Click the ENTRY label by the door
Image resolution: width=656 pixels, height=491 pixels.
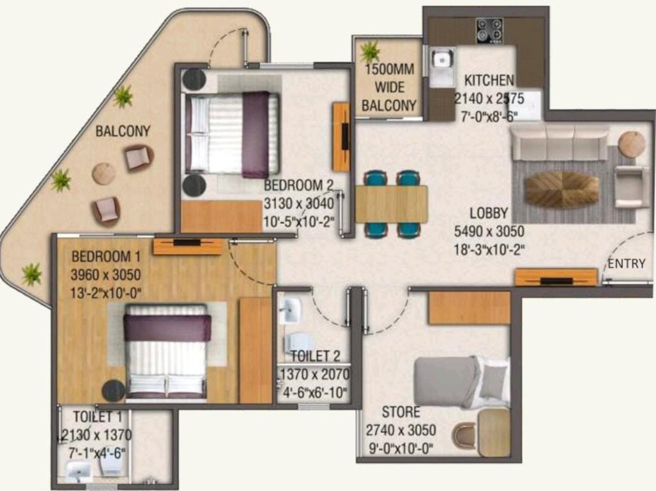(x=626, y=264)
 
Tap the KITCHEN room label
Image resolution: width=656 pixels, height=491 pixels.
(x=489, y=81)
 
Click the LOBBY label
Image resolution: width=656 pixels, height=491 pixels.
(x=489, y=214)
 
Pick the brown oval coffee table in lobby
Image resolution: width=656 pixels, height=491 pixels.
(x=561, y=189)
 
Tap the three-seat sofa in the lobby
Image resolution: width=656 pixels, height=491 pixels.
(x=560, y=143)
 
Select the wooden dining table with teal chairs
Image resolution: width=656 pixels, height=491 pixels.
(x=391, y=204)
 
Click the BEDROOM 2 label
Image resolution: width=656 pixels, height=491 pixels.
(x=299, y=185)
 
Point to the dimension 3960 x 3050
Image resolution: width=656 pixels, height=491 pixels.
(x=105, y=276)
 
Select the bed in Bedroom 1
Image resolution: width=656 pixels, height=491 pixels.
(x=167, y=351)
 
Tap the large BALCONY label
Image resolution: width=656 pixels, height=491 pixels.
(x=123, y=132)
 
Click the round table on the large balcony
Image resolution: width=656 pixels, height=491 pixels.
(x=103, y=173)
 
